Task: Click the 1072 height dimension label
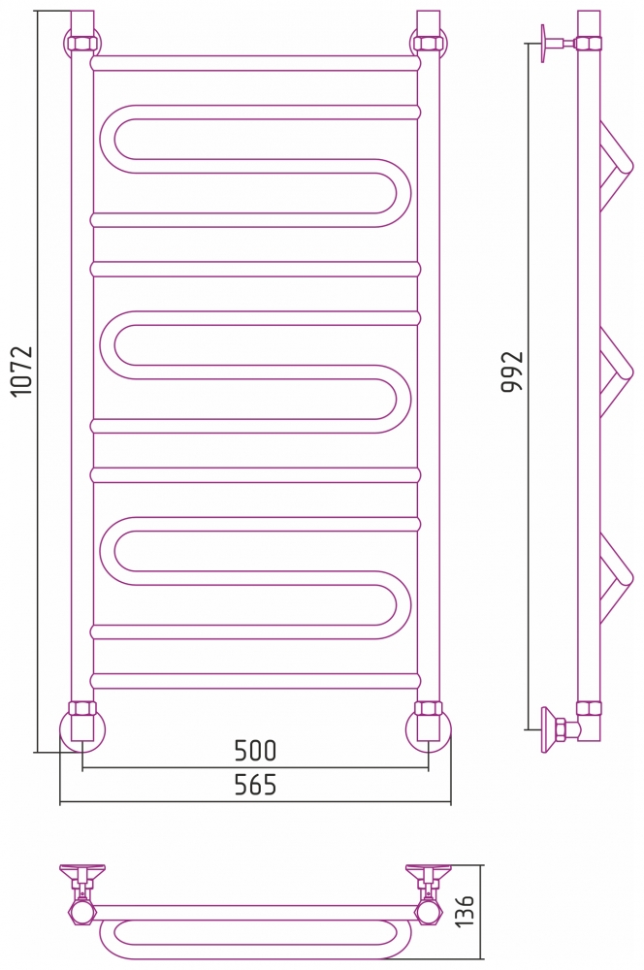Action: point(22,372)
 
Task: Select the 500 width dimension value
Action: point(255,751)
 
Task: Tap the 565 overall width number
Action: point(255,785)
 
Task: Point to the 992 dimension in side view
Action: point(512,372)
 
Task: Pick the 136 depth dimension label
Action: point(464,910)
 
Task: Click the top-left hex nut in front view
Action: point(82,44)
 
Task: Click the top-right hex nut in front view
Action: point(428,44)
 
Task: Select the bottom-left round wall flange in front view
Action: point(82,730)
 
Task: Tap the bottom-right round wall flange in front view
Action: point(428,730)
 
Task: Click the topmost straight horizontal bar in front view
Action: point(255,63)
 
